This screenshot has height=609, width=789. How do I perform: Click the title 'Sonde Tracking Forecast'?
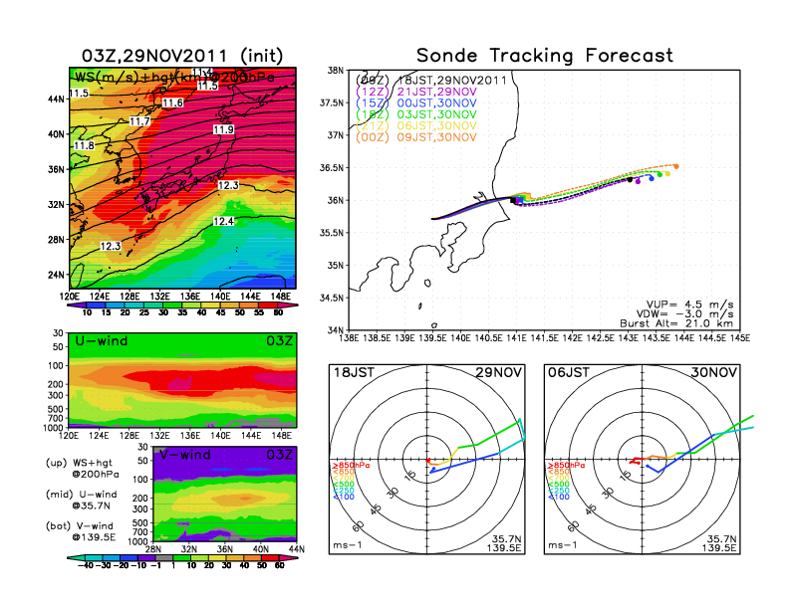click(544, 55)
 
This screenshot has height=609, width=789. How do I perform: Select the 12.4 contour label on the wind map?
click(223, 221)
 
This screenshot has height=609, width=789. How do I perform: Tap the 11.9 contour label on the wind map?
click(223, 129)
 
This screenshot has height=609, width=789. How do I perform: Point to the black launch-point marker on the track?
click(513, 200)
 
